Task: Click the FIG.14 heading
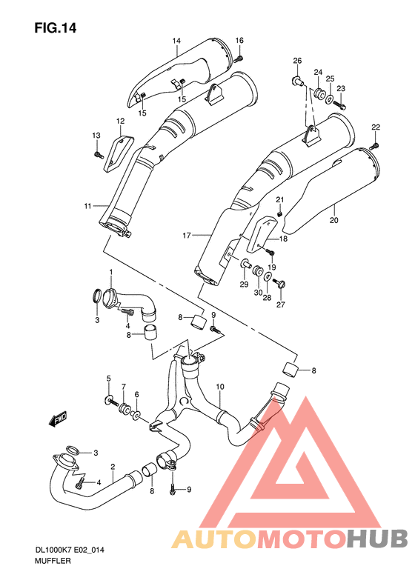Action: click(x=56, y=28)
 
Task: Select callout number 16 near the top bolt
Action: click(x=239, y=40)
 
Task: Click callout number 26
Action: click(x=297, y=61)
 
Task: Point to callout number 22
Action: click(x=376, y=127)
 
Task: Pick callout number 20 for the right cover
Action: click(x=333, y=220)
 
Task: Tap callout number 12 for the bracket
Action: click(x=119, y=121)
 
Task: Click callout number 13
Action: click(x=96, y=135)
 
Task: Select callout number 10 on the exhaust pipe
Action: click(x=219, y=387)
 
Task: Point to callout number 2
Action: click(x=113, y=466)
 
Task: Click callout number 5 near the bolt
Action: click(x=108, y=379)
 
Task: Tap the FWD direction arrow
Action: click(x=58, y=420)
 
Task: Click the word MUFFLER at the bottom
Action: click(x=52, y=563)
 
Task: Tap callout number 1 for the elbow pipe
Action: click(x=111, y=273)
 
